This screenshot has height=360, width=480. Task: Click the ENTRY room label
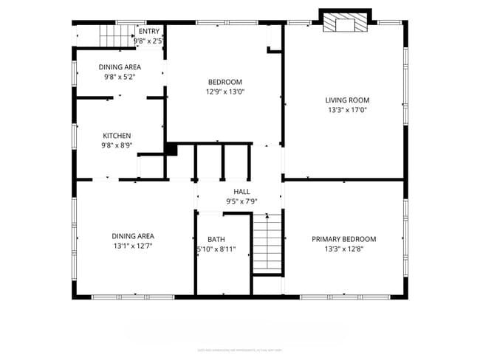[x=149, y=31]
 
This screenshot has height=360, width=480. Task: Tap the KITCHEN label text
[x=117, y=135]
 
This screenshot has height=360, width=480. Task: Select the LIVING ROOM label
[x=347, y=100]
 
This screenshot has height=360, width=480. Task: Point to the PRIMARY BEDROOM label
[x=343, y=239]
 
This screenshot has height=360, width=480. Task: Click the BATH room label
[x=216, y=239]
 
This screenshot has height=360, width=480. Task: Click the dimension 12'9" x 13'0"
[x=224, y=92]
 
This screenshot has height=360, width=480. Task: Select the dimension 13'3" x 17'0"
[x=347, y=110]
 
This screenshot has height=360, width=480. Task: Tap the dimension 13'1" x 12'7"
[x=133, y=246]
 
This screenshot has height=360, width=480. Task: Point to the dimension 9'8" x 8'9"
[x=117, y=145]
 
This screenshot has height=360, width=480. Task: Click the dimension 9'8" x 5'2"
[x=120, y=76]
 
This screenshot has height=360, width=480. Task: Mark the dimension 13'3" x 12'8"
[x=343, y=249]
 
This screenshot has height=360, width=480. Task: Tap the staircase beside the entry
[x=114, y=35]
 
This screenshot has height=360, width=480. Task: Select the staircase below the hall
[x=268, y=243]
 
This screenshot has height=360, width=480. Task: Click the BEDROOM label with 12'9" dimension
[x=224, y=82]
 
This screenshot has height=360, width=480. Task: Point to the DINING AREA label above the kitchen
[x=120, y=66]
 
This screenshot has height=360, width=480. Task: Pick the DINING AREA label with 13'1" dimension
[x=133, y=236]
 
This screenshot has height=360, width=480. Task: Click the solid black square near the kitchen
[x=171, y=149]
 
